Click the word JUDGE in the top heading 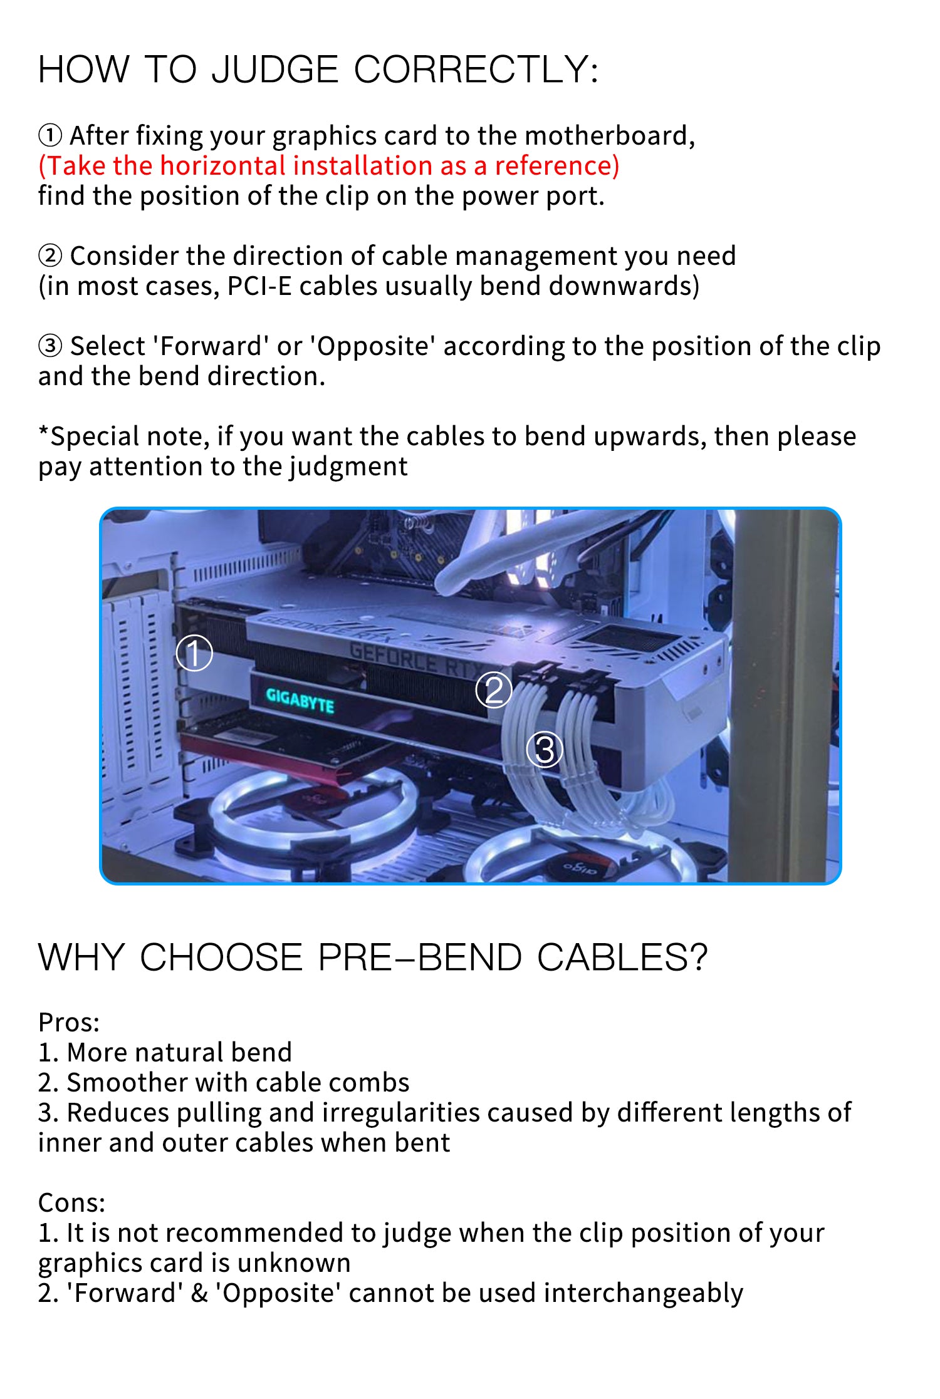pos(275,70)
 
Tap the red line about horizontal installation pos(328,166)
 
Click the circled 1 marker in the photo pos(194,653)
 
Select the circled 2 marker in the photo pos(494,690)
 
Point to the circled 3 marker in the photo pos(545,750)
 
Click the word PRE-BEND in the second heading pos(419,958)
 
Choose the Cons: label pos(71,1203)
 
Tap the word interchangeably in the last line pos(643,1293)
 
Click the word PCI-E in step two pos(259,286)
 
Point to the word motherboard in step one pos(609,136)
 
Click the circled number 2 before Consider pos(50,256)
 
